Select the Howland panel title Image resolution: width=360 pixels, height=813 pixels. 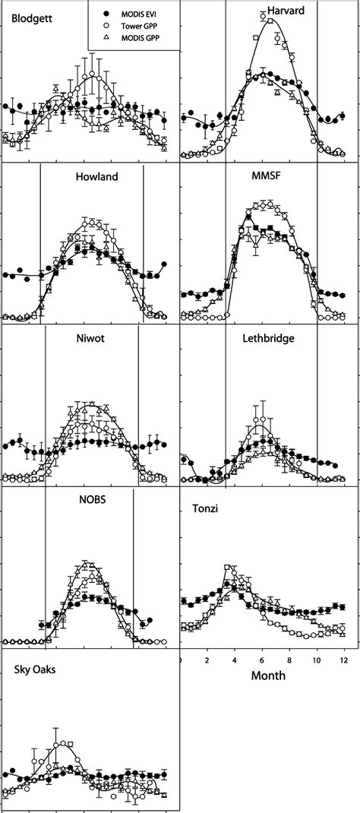(96, 177)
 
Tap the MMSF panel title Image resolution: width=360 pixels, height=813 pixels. (267, 177)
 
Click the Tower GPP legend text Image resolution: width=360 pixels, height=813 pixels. (145, 27)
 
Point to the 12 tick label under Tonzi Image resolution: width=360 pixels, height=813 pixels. (343, 660)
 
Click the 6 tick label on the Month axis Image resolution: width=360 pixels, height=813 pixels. (262, 660)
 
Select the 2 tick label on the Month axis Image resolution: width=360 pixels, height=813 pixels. (207, 660)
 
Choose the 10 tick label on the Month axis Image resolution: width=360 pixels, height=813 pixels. (317, 660)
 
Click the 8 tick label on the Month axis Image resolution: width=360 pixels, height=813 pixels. (289, 660)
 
